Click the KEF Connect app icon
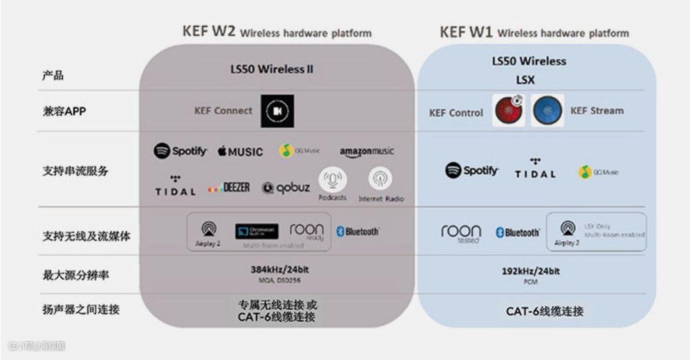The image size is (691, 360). [x=277, y=111]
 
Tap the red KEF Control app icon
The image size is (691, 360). [x=509, y=111]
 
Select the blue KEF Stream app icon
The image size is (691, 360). [x=548, y=111]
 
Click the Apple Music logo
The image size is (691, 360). [x=240, y=152]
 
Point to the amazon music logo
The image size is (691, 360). [x=367, y=152]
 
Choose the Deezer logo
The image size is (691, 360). [x=229, y=188]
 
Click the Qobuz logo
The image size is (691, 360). [x=285, y=188]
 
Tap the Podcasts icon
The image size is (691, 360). [x=333, y=180]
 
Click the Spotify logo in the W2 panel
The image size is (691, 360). [x=180, y=152]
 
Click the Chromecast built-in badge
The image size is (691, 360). [x=257, y=231]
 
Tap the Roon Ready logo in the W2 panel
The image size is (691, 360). [x=307, y=231]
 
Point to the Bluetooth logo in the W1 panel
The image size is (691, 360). [x=518, y=233]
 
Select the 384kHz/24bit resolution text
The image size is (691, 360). [x=280, y=270]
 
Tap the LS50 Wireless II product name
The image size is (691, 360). [x=272, y=69]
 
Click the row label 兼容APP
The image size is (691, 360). [x=64, y=111]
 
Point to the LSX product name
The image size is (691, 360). [x=525, y=81]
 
